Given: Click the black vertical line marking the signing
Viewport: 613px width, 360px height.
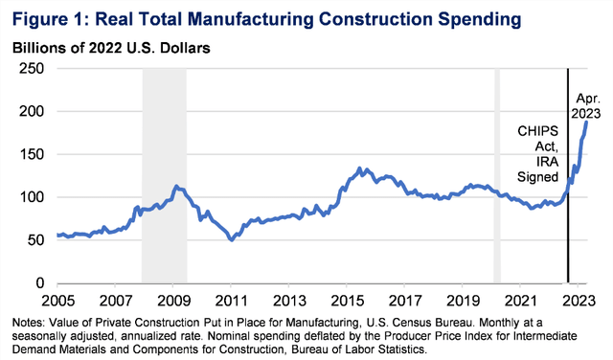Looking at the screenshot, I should (567, 230).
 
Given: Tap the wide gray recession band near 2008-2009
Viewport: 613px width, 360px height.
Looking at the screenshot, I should (164, 172).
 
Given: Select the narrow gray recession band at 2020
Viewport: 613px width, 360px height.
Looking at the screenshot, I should (496, 172).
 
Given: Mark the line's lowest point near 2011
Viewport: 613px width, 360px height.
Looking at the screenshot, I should (231, 239).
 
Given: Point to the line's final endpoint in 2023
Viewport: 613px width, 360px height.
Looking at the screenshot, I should (586, 122).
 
